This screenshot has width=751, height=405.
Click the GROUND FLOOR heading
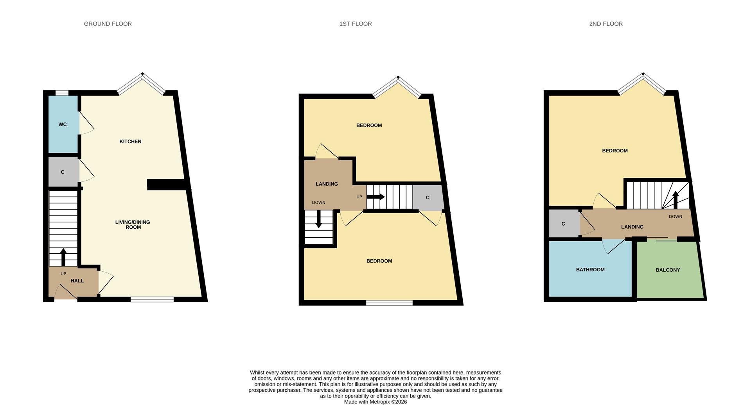tap(108, 24)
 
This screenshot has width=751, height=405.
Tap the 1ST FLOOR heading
tap(355, 24)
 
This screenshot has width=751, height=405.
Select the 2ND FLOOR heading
tap(605, 24)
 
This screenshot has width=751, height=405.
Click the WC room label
tap(63, 124)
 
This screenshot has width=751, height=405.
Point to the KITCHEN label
tap(130, 142)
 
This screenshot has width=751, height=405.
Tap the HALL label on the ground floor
tap(77, 281)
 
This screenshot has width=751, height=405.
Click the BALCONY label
tap(668, 270)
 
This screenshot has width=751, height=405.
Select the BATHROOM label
tap(590, 270)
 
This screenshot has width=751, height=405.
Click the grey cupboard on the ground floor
tap(63, 172)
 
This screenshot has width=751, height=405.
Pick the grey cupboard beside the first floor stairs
tap(428, 197)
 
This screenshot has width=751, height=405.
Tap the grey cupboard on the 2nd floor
tap(564, 224)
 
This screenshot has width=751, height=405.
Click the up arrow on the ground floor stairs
tap(63, 256)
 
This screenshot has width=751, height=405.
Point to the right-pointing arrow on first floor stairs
tap(375, 197)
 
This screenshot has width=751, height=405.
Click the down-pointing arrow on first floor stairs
tap(318, 219)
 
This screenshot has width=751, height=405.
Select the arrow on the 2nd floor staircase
tap(676, 199)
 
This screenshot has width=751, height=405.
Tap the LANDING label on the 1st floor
tap(327, 184)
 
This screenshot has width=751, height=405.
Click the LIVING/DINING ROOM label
tap(133, 224)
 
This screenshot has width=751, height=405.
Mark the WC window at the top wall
tap(62, 93)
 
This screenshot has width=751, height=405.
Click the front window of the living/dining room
tap(152, 299)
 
